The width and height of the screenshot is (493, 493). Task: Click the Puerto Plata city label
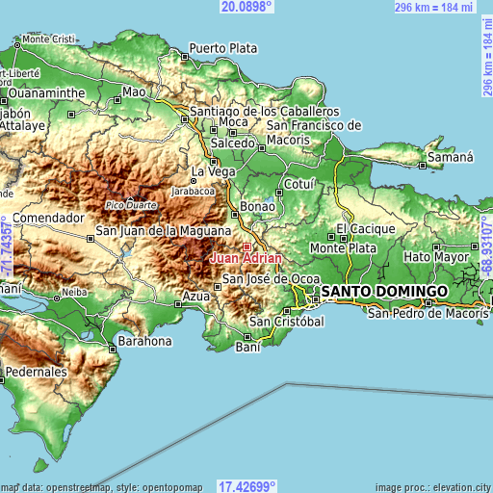223,47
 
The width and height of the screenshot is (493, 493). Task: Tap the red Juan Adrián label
246,258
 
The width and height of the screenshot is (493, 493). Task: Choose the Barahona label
143,341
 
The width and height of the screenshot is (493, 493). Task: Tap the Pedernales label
36,371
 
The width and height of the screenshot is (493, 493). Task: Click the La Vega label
213,171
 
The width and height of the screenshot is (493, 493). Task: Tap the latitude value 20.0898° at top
246,7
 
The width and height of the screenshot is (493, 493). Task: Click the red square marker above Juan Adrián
246,246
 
